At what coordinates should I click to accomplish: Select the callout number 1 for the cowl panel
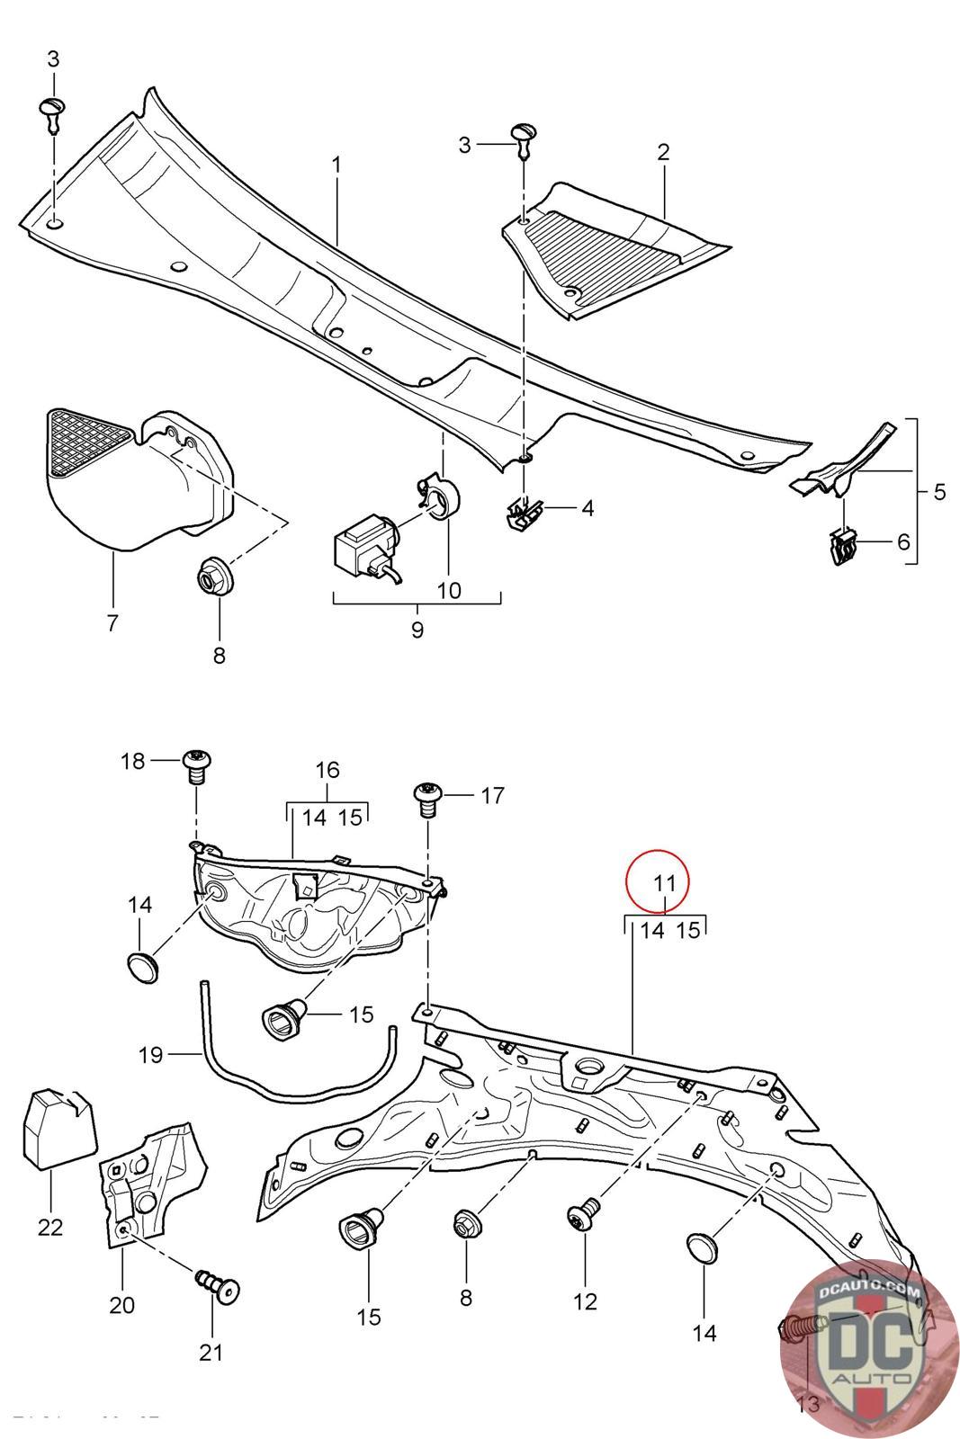point(336,165)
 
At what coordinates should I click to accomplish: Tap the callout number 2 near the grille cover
point(663,152)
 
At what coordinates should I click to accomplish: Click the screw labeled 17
point(426,797)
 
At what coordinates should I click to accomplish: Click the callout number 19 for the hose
point(151,1054)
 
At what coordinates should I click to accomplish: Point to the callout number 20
point(121,1303)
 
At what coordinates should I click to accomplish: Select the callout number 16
point(327,770)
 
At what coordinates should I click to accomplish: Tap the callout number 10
point(448,591)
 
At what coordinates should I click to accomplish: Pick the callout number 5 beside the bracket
point(939,492)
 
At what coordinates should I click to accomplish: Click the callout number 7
point(112,621)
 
